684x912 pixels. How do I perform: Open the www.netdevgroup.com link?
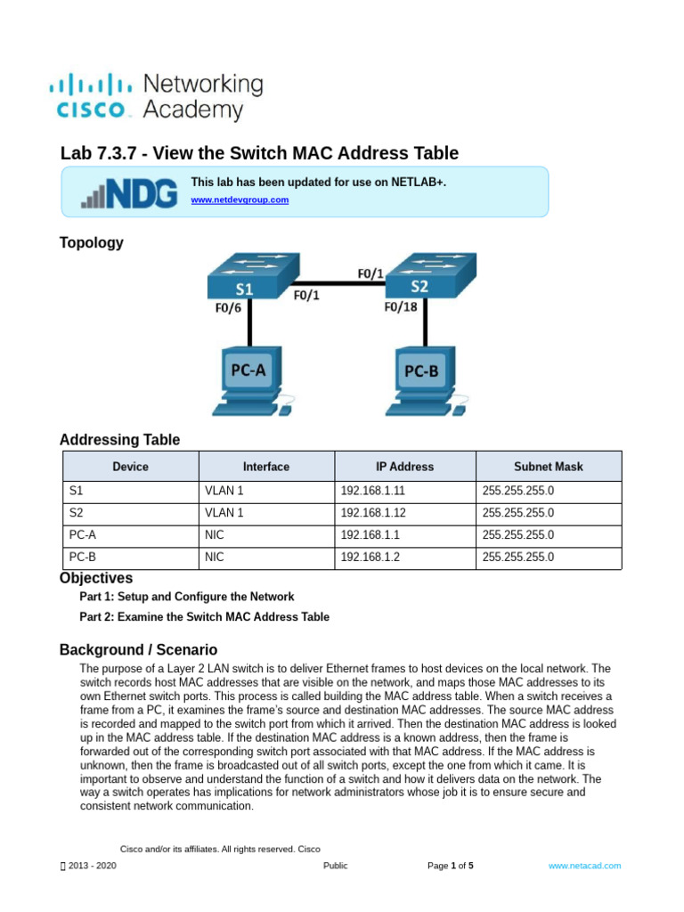pyautogui.click(x=240, y=200)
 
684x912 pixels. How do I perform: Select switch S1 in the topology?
pyautogui.click(x=248, y=277)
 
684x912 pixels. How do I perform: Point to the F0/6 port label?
pyautogui.click(x=229, y=309)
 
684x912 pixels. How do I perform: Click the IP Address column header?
pyautogui.click(x=404, y=467)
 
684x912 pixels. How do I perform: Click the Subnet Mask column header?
pyautogui.click(x=549, y=467)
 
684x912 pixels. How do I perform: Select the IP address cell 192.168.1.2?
pyautogui.click(x=370, y=558)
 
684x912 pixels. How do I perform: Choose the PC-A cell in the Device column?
pyautogui.click(x=83, y=535)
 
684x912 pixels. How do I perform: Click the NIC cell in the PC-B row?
pyautogui.click(x=214, y=558)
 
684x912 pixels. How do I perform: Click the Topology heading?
pyautogui.click(x=91, y=243)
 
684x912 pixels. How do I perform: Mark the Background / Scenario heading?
pyautogui.click(x=138, y=650)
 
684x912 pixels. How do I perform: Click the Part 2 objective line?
pyautogui.click(x=204, y=617)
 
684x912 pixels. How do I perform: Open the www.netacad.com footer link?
pyautogui.click(x=584, y=866)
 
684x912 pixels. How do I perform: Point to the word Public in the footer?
pyautogui.click(x=336, y=866)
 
